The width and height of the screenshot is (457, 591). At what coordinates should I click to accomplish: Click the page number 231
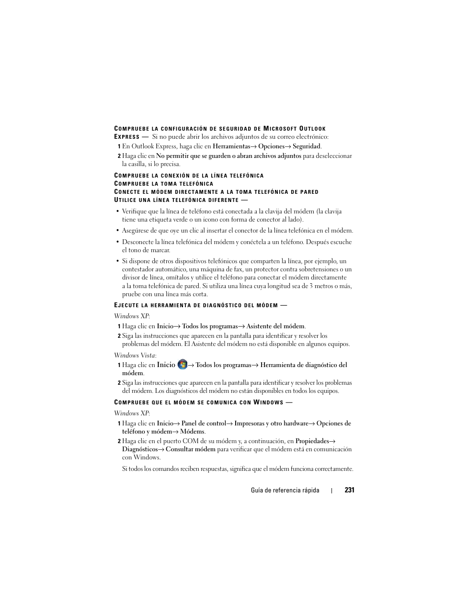click(349, 490)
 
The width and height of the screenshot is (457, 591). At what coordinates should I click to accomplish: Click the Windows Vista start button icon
click(182, 365)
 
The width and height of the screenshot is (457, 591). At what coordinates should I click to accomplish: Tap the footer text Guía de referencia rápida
click(285, 491)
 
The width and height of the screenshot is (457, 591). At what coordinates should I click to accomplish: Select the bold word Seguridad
click(307, 146)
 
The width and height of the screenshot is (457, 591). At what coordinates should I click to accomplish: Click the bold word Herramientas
click(231, 146)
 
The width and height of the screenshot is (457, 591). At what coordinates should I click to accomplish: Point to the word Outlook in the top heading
click(312, 129)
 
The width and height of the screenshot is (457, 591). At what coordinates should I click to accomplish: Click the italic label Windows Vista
click(135, 355)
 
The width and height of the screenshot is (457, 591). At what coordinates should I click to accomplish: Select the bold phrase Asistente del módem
click(275, 326)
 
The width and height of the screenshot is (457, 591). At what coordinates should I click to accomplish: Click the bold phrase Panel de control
click(204, 423)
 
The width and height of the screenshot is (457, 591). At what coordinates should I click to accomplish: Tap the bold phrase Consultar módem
click(191, 449)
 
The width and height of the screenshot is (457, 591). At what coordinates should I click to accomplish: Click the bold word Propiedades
click(312, 441)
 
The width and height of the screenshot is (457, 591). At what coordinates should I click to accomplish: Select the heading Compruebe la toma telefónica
click(164, 184)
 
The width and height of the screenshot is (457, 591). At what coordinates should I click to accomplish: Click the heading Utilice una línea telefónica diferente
click(177, 200)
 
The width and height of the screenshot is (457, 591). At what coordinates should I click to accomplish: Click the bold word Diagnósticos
click(140, 449)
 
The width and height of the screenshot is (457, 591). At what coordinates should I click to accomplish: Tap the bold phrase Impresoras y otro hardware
click(271, 423)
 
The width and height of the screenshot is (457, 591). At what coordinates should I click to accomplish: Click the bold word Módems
click(192, 431)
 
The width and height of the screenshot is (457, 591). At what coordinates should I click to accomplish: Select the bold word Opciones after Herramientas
click(271, 146)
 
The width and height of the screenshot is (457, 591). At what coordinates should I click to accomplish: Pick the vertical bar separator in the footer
click(331, 491)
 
